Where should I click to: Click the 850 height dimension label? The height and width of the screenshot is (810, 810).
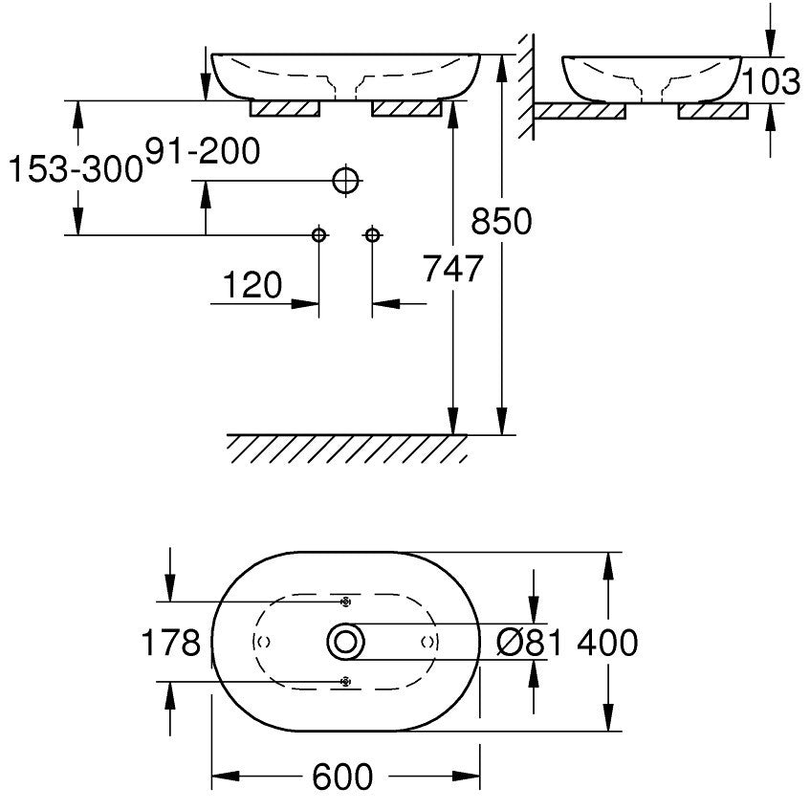coord(501,221)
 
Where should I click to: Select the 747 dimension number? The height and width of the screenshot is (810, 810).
coord(453,269)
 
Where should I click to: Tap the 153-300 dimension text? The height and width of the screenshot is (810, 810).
coord(76,168)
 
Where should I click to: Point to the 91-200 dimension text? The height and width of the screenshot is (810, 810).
coord(203,151)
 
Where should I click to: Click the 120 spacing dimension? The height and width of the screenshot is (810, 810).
coord(252,285)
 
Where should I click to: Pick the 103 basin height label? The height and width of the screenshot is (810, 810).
coord(770,81)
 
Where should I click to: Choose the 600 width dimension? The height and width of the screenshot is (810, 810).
coord(342,777)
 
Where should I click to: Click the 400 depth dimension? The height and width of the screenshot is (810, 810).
coord(607,643)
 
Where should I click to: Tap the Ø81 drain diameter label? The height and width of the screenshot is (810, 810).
coord(529,643)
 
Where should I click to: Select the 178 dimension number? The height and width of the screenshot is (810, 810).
coord(171,643)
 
